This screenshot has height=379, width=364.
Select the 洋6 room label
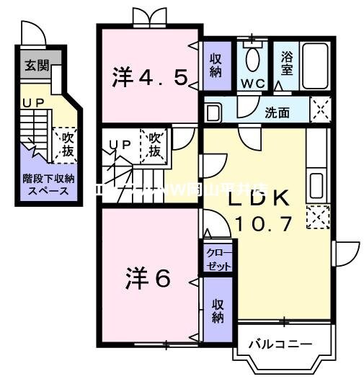[x=150, y=279]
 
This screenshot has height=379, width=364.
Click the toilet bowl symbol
[x=253, y=58]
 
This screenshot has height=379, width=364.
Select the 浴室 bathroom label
[x=288, y=63]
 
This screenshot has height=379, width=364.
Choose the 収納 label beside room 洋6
[x=218, y=310]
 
